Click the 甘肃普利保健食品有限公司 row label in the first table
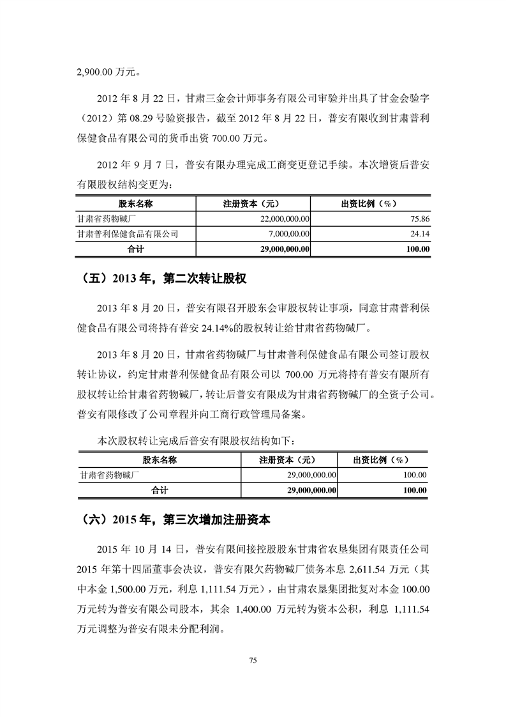[x=127, y=234]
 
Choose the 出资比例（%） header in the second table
[x=381, y=459]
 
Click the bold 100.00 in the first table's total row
[x=417, y=249]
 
